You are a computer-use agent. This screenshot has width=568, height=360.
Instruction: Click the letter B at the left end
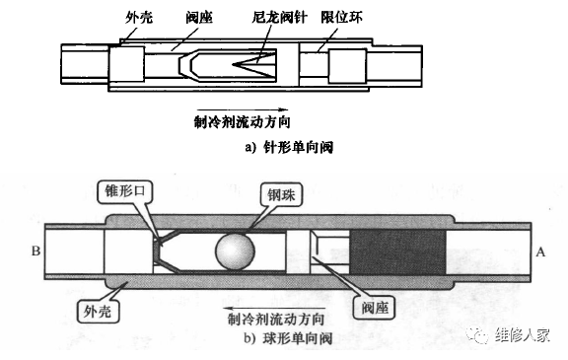(35, 252)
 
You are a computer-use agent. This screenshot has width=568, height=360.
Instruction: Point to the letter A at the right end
(539, 252)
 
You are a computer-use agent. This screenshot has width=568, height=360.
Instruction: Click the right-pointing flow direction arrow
(242, 108)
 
